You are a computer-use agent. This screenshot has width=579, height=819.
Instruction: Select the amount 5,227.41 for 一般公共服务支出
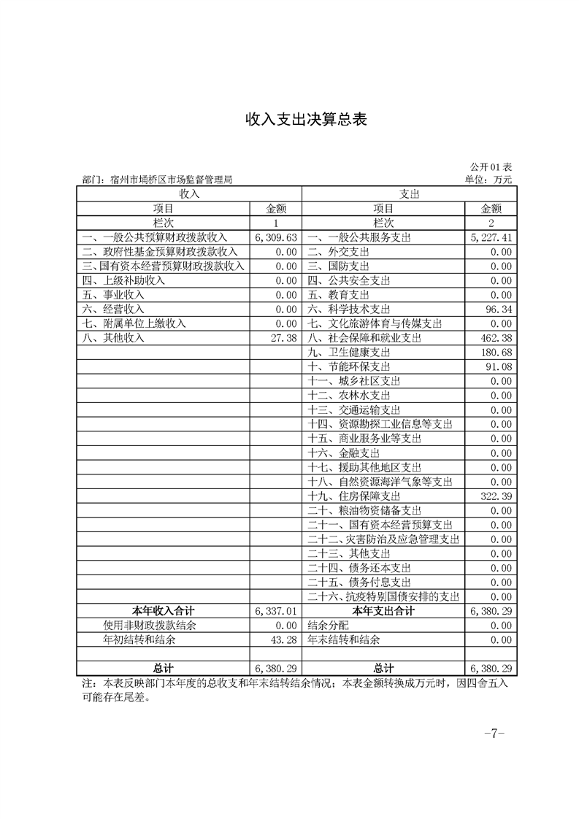pos(491,237)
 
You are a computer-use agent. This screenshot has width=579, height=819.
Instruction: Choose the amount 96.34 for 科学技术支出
pos(499,309)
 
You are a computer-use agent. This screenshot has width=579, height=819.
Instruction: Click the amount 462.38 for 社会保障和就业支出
pos(496,338)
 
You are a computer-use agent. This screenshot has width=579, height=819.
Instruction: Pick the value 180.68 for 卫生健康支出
pos(496,353)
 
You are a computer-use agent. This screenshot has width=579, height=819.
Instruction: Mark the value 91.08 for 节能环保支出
pos(499,366)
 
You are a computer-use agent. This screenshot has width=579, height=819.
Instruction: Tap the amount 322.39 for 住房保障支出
pos(496,496)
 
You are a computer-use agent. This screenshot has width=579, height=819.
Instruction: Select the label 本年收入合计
pos(163,611)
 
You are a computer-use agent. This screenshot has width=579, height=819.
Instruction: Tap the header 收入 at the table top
pos(189,194)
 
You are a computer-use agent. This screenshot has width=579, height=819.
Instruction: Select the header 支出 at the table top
pos(409,194)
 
